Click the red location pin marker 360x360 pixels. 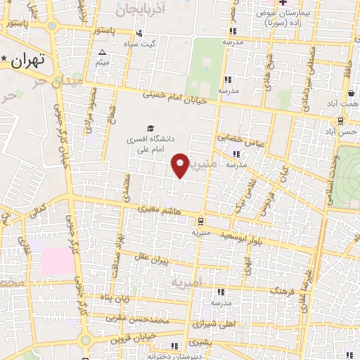click(180, 165)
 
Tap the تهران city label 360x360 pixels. click(29, 60)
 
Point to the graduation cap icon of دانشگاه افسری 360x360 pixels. click(149, 128)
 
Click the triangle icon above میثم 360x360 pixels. click(103, 52)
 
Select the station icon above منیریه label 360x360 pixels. click(200, 220)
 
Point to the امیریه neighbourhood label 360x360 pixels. click(186, 281)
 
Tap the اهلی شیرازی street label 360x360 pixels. click(210, 326)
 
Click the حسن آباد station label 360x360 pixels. click(340, 131)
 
